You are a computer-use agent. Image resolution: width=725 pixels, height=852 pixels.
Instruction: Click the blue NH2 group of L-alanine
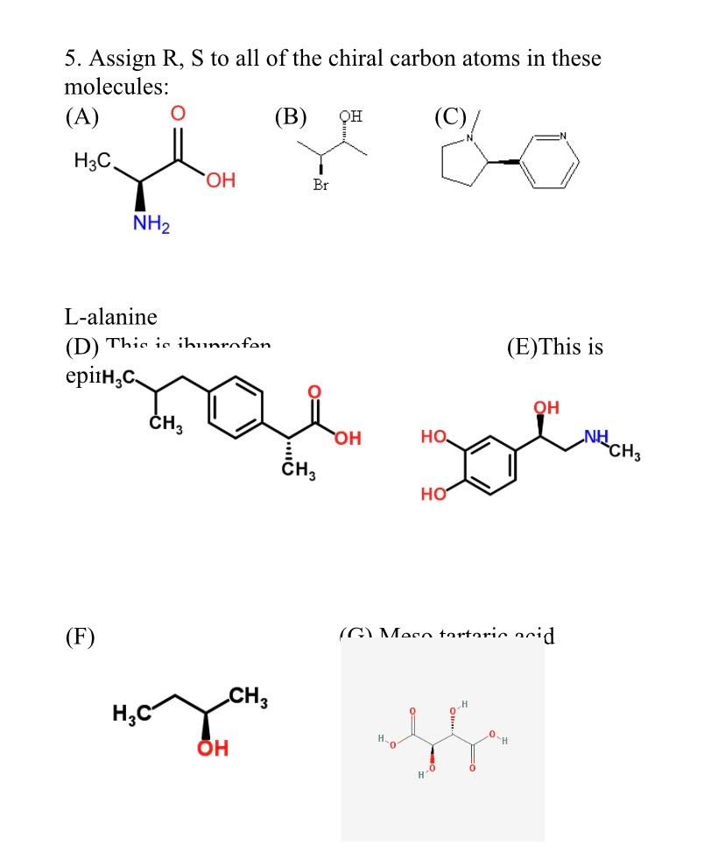coord(151,224)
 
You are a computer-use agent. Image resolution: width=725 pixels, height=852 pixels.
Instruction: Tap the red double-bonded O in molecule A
coord(178,114)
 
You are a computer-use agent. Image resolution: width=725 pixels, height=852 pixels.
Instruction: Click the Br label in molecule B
coord(320,185)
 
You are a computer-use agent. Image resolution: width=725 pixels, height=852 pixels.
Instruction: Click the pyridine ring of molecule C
coord(551,161)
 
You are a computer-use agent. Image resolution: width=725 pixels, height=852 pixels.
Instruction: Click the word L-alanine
coord(110,316)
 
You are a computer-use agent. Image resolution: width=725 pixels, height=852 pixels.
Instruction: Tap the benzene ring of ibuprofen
coord(236,406)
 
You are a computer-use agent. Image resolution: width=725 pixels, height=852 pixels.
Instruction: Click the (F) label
coord(80,636)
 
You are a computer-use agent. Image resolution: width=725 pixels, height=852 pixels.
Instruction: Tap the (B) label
coord(290,116)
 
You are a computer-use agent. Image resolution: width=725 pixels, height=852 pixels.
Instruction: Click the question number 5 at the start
coord(70,60)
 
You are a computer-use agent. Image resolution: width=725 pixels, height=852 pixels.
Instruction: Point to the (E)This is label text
coord(555,347)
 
